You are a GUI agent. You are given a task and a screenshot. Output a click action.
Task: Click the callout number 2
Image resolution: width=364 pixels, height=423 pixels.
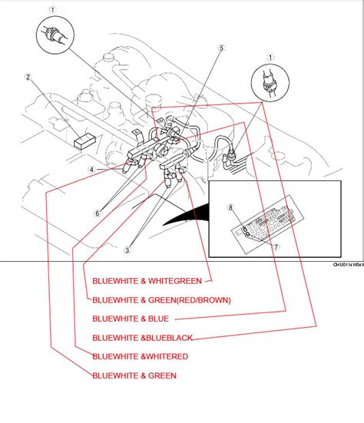(27, 77)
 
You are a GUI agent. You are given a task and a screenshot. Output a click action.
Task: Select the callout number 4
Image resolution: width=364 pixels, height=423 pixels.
(91, 170)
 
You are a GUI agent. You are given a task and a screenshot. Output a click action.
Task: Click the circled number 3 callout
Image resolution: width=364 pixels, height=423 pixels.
(127, 249)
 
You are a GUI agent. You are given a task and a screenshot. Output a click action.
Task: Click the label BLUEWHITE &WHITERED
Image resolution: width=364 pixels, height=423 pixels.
(140, 356)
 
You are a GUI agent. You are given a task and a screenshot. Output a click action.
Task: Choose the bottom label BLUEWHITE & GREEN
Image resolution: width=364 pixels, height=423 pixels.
(134, 375)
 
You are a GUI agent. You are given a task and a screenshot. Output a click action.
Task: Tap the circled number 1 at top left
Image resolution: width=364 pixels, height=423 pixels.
(53, 11)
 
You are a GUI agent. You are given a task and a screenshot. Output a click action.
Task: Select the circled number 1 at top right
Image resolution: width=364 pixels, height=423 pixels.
(270, 55)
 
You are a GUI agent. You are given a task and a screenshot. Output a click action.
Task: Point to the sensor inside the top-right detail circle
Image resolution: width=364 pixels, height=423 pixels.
(270, 84)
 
